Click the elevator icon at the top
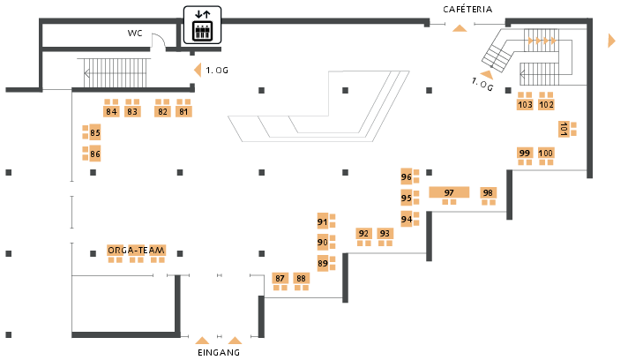[204, 24]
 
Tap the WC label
[135, 34]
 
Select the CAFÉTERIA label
[467, 9]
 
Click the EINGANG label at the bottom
[219, 352]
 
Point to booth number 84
[111, 111]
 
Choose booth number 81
[183, 111]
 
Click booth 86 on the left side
[95, 154]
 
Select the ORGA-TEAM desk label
[136, 251]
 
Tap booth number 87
[280, 278]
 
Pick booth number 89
[323, 263]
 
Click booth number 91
[323, 221]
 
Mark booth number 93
[385, 234]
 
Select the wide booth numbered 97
[449, 192]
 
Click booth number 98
[488, 192]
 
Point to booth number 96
[407, 176]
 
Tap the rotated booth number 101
[563, 129]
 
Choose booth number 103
[525, 105]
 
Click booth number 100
[546, 154]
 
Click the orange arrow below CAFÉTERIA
[459, 28]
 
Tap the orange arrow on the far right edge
[611, 41]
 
